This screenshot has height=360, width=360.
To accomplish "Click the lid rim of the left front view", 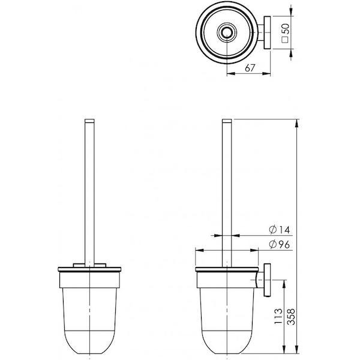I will click(x=89, y=268).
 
